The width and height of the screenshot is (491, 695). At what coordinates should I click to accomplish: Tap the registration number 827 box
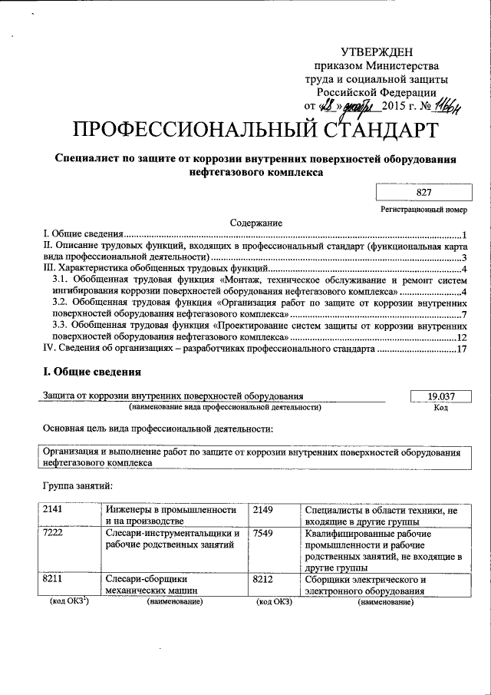tap(421, 194)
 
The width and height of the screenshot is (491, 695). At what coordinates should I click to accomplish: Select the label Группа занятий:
tap(77, 485)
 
